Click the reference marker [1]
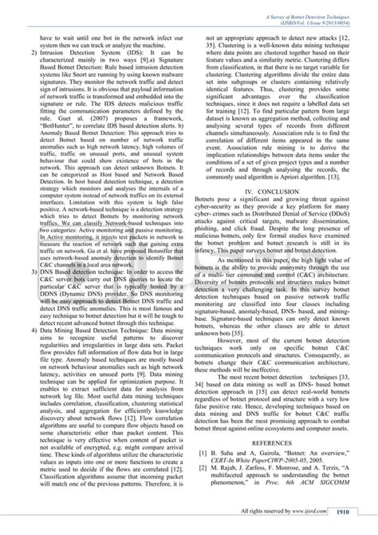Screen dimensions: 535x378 click(204, 442)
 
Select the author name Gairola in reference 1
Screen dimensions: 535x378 click(271, 442)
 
